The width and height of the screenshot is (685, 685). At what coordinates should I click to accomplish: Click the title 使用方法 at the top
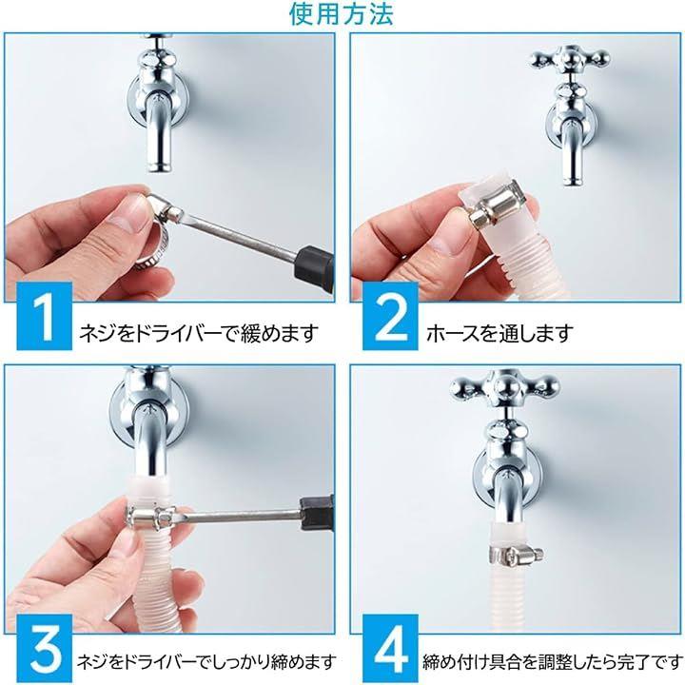(342, 13)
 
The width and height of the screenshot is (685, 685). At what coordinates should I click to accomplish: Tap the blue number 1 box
(44, 316)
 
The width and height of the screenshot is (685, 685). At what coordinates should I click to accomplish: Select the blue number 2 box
(390, 316)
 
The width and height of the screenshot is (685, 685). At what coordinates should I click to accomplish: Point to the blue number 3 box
(44, 648)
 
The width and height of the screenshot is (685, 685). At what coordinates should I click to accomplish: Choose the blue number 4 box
(390, 648)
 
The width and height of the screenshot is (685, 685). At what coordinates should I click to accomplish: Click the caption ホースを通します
(499, 334)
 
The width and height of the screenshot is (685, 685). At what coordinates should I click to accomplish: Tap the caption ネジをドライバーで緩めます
(198, 334)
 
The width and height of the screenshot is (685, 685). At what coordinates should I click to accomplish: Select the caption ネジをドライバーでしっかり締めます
(206, 663)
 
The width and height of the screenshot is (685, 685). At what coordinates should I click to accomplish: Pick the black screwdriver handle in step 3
(317, 513)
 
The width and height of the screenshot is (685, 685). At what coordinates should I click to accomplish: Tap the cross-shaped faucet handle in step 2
(569, 58)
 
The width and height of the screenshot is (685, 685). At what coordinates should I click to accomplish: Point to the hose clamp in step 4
(516, 556)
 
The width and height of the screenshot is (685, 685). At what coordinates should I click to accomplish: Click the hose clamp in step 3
(150, 516)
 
